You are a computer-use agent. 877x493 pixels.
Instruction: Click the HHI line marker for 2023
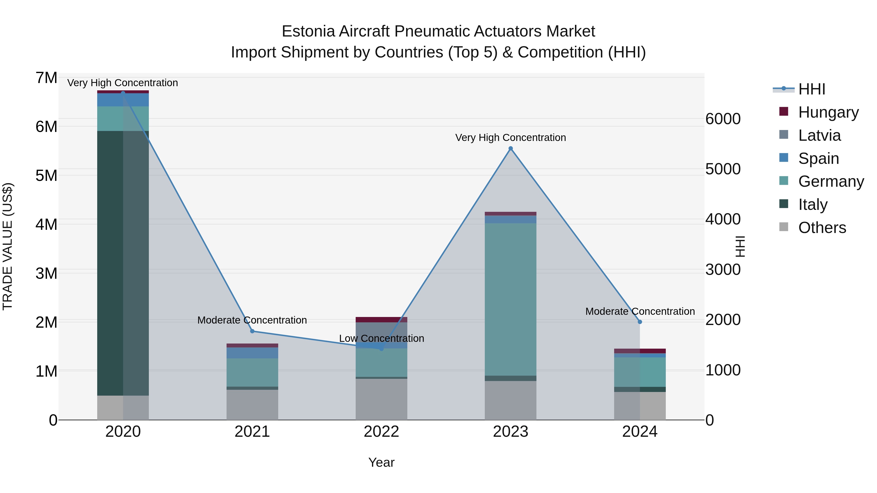coord(510,148)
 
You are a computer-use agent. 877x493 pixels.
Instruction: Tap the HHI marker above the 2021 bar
coord(252,331)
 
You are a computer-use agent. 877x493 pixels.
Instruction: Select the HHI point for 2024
coord(640,322)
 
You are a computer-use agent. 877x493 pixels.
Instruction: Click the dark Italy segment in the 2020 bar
coord(110,262)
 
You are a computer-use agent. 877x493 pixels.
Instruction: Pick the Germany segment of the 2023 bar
coord(510,299)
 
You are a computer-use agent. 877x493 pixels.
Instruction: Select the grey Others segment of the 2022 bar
coord(381,399)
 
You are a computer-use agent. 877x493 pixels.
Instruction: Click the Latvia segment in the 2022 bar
coord(381,335)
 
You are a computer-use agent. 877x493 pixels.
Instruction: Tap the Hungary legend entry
coord(828,112)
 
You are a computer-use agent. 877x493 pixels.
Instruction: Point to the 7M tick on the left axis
coord(47,78)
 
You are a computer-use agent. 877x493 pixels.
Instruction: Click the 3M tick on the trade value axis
coord(47,273)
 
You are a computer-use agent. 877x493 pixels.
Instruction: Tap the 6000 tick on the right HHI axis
coord(723,119)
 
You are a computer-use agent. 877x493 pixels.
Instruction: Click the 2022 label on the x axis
coord(381,432)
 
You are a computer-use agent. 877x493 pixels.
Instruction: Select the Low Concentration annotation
coord(381,339)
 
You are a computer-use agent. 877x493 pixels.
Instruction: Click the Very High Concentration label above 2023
coord(510,138)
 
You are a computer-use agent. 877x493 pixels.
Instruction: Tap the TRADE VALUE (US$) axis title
coord(8,246)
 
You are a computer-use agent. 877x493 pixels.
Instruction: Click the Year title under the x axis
coord(381,462)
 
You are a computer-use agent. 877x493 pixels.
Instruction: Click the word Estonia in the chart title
coord(308,32)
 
